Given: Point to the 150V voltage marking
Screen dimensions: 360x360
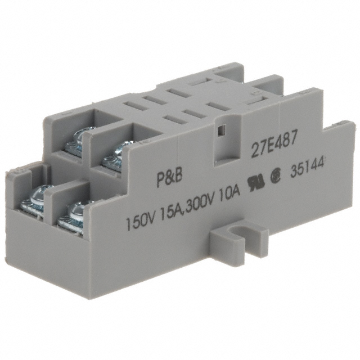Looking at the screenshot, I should (141, 214).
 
